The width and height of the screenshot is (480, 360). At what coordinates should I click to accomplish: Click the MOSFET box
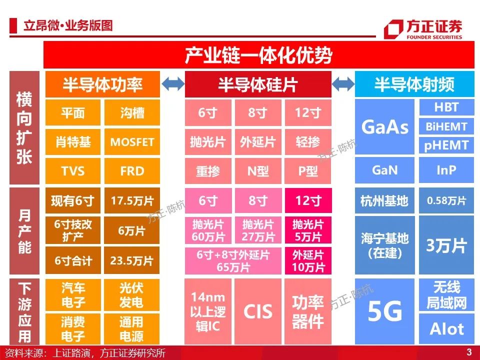click(x=132, y=141)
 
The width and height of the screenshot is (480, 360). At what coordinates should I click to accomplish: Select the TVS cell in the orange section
click(x=73, y=171)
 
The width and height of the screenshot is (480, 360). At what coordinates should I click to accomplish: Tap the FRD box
click(x=132, y=171)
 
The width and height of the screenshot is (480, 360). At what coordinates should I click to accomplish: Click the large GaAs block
click(x=385, y=126)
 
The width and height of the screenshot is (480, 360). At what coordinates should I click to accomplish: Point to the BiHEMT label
click(x=446, y=126)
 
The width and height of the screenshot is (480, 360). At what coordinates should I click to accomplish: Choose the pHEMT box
click(x=446, y=145)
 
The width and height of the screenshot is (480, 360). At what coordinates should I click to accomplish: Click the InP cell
click(x=446, y=170)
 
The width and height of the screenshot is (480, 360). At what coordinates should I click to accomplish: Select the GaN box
click(x=385, y=170)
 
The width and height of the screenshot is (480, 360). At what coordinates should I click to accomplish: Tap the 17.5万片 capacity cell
click(x=132, y=200)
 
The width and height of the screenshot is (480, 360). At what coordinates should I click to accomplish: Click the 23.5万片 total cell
click(x=132, y=260)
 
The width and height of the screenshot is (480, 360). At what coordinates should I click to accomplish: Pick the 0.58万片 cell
click(x=446, y=200)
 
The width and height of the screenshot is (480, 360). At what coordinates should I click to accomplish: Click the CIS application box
click(x=258, y=311)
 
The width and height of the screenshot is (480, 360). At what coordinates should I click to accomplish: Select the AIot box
click(x=446, y=329)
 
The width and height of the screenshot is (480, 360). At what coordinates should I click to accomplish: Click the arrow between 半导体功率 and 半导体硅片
click(x=172, y=83)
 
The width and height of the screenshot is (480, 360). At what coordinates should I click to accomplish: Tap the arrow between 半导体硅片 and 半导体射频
click(x=343, y=83)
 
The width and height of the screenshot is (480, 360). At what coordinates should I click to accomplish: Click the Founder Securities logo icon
click(x=393, y=29)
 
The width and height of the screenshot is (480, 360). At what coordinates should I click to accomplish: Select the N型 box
click(x=258, y=171)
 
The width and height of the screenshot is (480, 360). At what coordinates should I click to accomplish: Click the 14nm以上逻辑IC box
click(x=208, y=311)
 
